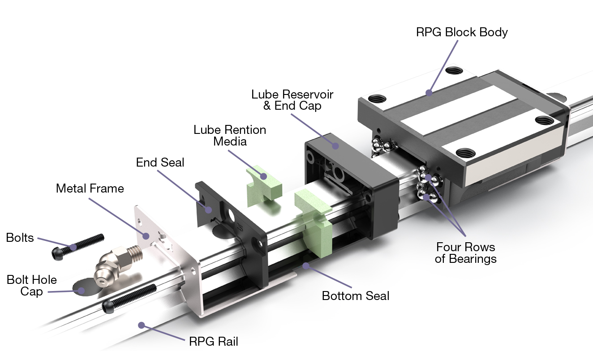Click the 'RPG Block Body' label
click(462, 32)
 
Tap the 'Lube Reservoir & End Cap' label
click(292, 100)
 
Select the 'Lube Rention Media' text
click(230, 135)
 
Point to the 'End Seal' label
click(160, 162)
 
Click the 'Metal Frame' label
click(90, 188)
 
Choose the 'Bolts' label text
click(20, 237)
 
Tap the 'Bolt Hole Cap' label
click(32, 286)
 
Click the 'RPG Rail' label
click(213, 342)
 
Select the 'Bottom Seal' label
click(356, 296)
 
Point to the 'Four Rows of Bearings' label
click(465, 253)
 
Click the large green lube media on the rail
click(314, 219)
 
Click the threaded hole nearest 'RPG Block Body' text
click(454, 70)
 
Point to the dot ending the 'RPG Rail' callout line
click(142, 325)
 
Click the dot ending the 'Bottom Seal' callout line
click(306, 266)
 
